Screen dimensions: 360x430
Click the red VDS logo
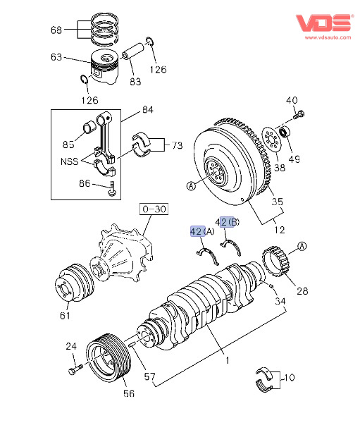[x=324, y=23]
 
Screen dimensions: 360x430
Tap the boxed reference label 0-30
[x=154, y=209]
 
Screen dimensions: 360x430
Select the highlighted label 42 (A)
[x=202, y=231]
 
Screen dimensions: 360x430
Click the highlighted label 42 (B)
[x=227, y=222]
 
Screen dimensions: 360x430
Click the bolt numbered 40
[x=299, y=115]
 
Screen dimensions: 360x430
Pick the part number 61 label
[x=66, y=316]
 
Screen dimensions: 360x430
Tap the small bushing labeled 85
[x=89, y=128]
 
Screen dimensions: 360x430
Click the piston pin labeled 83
[x=132, y=51]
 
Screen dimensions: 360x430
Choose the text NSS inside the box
[x=69, y=161]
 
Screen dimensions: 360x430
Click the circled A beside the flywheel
[x=191, y=186]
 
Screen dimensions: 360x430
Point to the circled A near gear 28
[x=302, y=246]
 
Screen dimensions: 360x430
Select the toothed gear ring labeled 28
[x=276, y=262]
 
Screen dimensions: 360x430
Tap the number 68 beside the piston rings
[x=56, y=30]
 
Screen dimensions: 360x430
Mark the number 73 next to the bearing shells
[x=177, y=145]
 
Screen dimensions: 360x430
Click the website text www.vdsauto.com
[x=328, y=37]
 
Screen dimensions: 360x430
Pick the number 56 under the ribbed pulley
[x=129, y=393]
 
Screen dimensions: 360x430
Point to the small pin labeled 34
[x=271, y=285]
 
